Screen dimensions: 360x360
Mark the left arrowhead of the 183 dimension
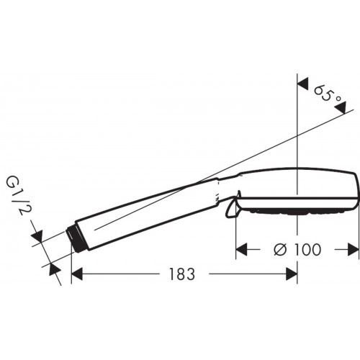coord(79,274)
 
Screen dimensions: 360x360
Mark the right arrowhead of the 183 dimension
coord(292,274)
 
